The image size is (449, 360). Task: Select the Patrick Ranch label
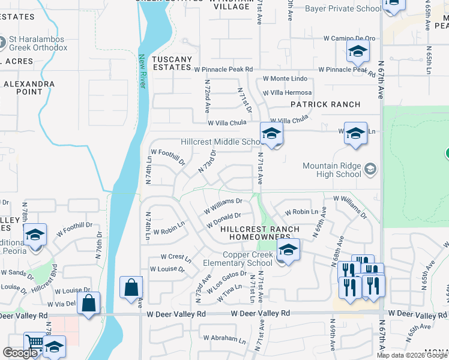pyautogui.click(x=325, y=104)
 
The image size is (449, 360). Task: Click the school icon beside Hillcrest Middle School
pyautogui.click(x=271, y=135)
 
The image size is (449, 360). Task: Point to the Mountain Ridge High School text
pyautogui.click(x=332, y=170)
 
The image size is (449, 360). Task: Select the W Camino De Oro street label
pyautogui.click(x=349, y=38)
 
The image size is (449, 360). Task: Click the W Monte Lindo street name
pyautogui.click(x=285, y=79)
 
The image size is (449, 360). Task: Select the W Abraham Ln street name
pyautogui.click(x=224, y=338)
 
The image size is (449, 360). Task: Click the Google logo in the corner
pyautogui.click(x=20, y=353)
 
